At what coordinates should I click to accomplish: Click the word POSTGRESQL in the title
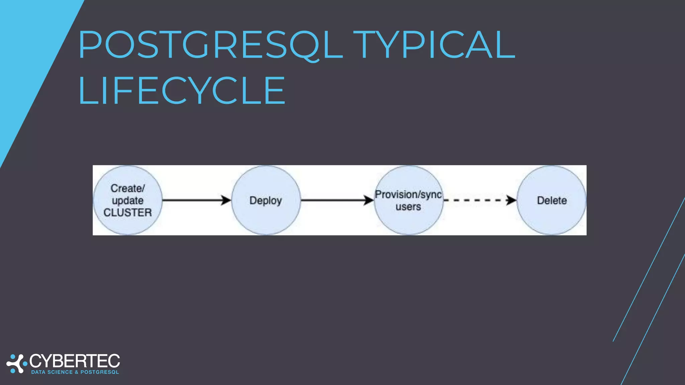[x=211, y=45]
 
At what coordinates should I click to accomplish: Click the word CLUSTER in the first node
[x=127, y=213]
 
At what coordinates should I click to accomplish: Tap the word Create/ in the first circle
[x=127, y=188]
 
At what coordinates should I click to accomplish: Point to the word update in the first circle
[x=127, y=201]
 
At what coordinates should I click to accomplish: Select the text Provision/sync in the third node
[x=408, y=194]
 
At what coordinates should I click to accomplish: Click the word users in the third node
[x=408, y=207]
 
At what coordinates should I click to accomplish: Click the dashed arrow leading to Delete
[x=475, y=200]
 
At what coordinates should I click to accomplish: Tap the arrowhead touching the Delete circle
[x=511, y=200]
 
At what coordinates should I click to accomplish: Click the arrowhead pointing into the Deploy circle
[x=226, y=200]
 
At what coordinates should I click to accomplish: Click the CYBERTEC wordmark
[x=75, y=361]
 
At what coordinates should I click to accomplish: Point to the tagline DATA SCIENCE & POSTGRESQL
[x=75, y=372]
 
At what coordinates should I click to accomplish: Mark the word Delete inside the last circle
[x=552, y=201]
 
